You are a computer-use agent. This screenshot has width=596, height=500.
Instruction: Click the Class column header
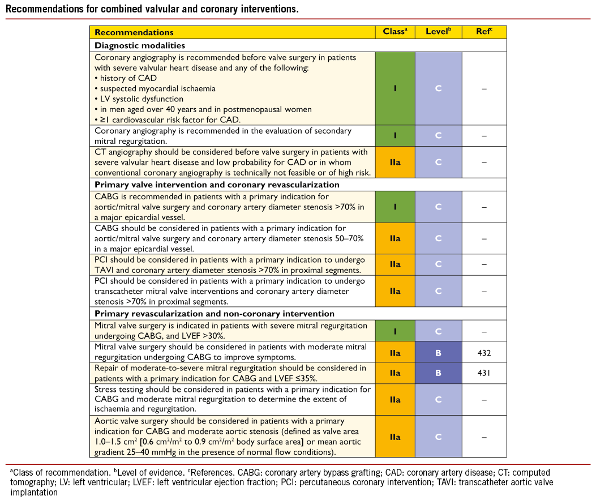point(395,32)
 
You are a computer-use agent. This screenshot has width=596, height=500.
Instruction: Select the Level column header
point(439,32)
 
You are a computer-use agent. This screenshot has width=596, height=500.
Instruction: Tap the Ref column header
point(484,32)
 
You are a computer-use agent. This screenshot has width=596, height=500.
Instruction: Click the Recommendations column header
point(134,33)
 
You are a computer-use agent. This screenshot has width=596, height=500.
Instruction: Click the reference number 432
point(484,353)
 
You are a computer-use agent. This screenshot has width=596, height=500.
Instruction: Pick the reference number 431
point(484,373)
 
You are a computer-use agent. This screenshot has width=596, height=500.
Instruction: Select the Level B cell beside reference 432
point(439,353)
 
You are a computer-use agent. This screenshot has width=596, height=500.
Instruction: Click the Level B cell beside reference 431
point(439,373)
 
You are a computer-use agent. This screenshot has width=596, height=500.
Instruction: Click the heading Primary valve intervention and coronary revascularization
point(217,185)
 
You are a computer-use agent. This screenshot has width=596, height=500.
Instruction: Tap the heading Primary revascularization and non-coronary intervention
point(215,313)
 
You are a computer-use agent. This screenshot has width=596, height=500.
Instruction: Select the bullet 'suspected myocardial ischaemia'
point(155,88)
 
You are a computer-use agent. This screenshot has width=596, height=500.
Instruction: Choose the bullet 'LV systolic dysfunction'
point(139,99)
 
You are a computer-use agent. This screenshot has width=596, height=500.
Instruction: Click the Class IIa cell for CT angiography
point(395,162)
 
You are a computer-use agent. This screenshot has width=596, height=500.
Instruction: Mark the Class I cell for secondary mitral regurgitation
point(395,136)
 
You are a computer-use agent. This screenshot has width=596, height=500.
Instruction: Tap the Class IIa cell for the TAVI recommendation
point(395,264)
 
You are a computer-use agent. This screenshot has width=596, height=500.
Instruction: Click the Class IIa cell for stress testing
point(395,400)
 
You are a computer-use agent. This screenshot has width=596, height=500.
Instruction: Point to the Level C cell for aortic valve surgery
point(439,437)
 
